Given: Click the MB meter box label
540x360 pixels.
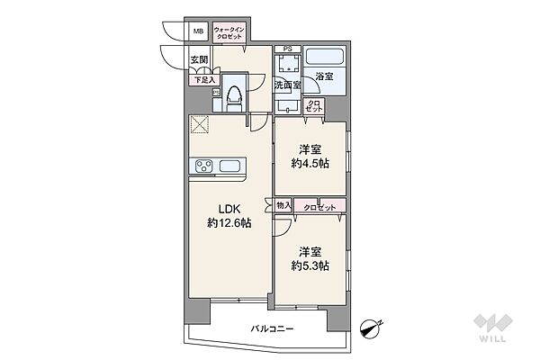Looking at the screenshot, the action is (x=198, y=31).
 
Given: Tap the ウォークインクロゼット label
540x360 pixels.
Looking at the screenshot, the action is (x=229, y=33).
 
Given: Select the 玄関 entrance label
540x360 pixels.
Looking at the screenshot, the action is (x=200, y=59).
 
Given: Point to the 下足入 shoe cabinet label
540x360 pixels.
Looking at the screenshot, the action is (x=204, y=80).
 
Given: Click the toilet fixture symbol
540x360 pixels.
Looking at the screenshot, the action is (x=235, y=98).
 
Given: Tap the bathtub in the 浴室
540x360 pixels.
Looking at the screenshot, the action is (x=324, y=57).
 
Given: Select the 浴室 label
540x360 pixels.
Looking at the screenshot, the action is (x=324, y=76).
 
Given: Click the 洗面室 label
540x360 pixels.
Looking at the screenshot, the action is (x=287, y=85).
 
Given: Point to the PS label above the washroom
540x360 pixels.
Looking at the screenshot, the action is (x=287, y=49).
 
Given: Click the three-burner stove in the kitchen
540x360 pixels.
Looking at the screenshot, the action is (x=204, y=166).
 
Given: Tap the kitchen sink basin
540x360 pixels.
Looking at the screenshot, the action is (x=229, y=166).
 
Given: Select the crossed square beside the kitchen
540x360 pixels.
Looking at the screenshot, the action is (x=200, y=124).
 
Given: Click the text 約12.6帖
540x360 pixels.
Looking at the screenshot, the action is (x=229, y=223).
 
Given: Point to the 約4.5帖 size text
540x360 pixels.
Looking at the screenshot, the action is (x=310, y=163).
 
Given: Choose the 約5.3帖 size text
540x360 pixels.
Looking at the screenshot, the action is (x=310, y=265).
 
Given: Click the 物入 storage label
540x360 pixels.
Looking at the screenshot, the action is (x=283, y=206).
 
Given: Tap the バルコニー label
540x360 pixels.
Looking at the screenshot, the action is (x=272, y=329).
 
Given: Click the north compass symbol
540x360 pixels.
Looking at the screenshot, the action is (x=371, y=328).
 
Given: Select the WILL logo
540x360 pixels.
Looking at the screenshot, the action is (x=492, y=328).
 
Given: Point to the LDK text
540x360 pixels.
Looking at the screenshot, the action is (x=229, y=209).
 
